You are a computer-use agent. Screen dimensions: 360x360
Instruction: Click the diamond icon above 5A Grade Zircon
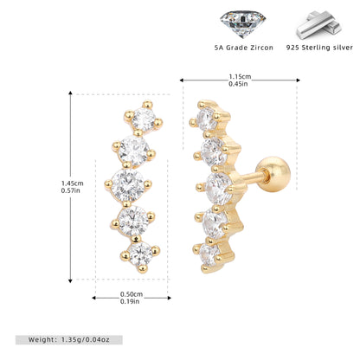pos(242,24)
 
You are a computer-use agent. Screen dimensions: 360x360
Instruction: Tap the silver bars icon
pos(319,25)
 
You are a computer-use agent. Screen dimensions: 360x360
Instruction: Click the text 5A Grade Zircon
pos(244,48)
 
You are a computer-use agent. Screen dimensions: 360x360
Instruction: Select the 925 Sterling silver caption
pos(319,48)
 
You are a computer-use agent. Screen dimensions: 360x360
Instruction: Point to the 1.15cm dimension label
pos(240,77)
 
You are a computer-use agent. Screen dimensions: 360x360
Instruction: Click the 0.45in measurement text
pos(238,84)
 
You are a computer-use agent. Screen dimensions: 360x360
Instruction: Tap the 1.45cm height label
pos(73,183)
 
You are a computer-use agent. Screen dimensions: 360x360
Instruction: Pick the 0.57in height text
pos(71,190)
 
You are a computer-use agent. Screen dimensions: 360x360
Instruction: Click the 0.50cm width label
pos(132,294)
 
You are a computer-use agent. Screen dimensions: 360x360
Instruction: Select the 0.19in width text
pos(130,301)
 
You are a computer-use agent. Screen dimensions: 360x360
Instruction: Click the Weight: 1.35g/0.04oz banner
pos(69,340)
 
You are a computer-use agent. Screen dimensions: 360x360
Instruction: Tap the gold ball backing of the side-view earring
pos(273,174)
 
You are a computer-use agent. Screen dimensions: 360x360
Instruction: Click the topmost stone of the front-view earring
pos(144,119)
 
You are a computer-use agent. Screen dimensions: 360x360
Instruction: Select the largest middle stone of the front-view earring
pos(128,185)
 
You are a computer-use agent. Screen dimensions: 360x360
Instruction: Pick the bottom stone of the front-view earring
pos(140,254)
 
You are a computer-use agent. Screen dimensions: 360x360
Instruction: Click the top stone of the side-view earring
pos(207,119)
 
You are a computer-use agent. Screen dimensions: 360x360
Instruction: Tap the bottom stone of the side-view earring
pos(209,255)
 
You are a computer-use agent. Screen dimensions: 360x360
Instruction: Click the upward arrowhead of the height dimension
pos(70,93)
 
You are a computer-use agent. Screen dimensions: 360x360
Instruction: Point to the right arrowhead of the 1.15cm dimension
pos(299,80)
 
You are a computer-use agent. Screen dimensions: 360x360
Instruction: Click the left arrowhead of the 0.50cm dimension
pos(93,298)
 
